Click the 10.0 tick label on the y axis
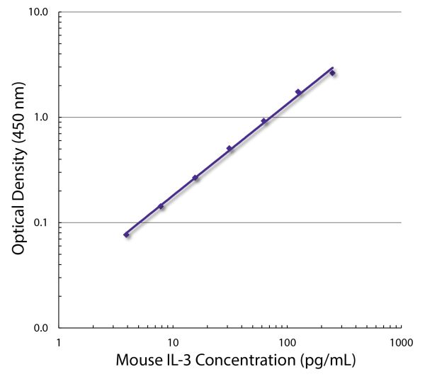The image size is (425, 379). point(38,13)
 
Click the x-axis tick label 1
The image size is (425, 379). point(59,343)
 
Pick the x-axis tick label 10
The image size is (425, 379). point(173,343)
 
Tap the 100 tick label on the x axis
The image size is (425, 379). point(287,343)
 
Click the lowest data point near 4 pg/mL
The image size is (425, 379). point(127,234)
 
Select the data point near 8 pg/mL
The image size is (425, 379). point(161,206)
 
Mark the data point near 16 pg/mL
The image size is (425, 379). point(195,178)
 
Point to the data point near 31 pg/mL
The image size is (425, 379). point(229,149)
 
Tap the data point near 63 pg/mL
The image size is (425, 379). point(264,121)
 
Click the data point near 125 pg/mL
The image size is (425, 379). point(298,92)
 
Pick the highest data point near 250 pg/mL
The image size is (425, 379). point(332,73)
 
